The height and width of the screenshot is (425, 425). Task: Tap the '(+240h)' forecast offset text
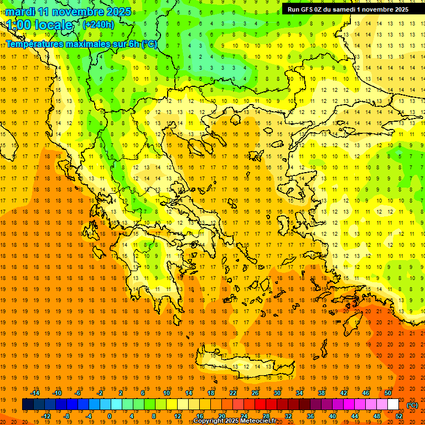pyautogui.click(x=98, y=24)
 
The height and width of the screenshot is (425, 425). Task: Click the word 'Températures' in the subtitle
pyautogui.click(x=33, y=44)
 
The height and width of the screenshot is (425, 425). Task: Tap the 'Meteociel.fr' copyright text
pyautogui.click(x=255, y=421)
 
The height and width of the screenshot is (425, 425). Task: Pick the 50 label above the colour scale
pyautogui.click(x=387, y=393)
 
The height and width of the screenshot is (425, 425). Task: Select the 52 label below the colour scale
pyautogui.click(x=398, y=416)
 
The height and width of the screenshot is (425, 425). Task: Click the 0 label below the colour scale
pyautogui.click(x=109, y=416)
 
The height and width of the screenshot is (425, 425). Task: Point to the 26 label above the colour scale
pyautogui.click(x=255, y=393)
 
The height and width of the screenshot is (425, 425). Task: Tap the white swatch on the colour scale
pyautogui.click(x=393, y=405)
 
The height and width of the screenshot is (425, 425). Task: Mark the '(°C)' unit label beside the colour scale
pyautogui.click(x=412, y=405)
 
